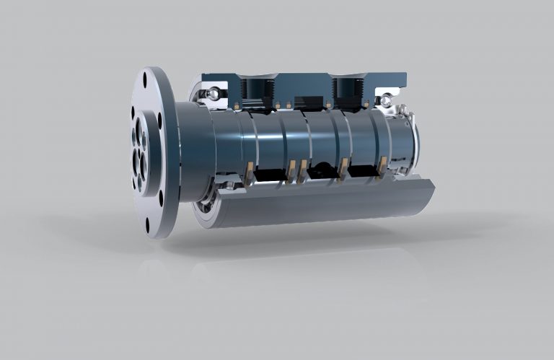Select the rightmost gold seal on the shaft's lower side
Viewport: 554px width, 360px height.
pos(382,167)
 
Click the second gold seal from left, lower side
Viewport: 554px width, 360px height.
pos(291,172)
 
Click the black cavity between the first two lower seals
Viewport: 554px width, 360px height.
pos(270,175)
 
